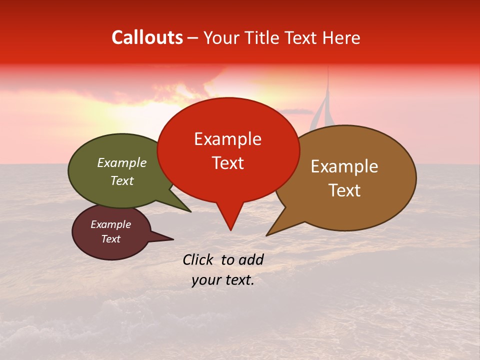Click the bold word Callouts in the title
(x=147, y=38)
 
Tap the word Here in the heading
(x=339, y=38)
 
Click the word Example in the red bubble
(x=228, y=139)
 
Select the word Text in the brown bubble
(x=344, y=190)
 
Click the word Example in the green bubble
(x=122, y=163)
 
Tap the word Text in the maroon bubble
(x=111, y=239)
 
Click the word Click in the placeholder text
(x=197, y=259)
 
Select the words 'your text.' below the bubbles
(x=223, y=280)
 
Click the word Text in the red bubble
(x=228, y=163)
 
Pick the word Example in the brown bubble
(x=344, y=166)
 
